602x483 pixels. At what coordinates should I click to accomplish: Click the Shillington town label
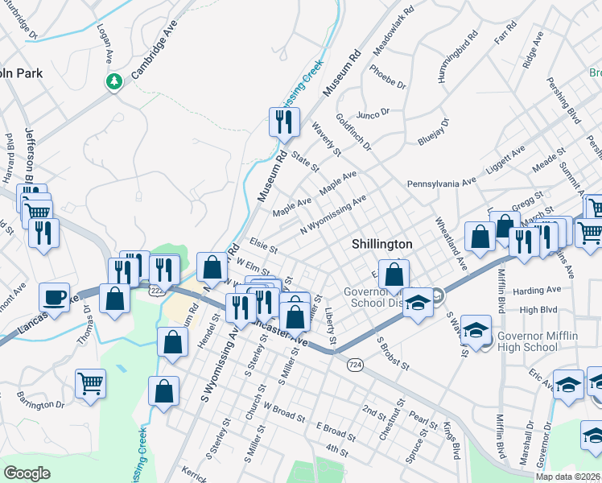tap(382, 244)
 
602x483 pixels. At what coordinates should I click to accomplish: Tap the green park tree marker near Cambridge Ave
tap(114, 81)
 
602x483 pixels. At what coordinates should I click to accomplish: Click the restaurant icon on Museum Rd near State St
tap(284, 122)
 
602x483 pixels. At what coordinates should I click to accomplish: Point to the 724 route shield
tap(354, 365)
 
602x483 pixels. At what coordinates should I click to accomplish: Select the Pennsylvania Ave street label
tap(441, 183)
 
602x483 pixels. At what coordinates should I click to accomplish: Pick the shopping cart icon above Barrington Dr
tap(90, 383)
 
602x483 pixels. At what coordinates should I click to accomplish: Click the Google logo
tap(27, 473)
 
